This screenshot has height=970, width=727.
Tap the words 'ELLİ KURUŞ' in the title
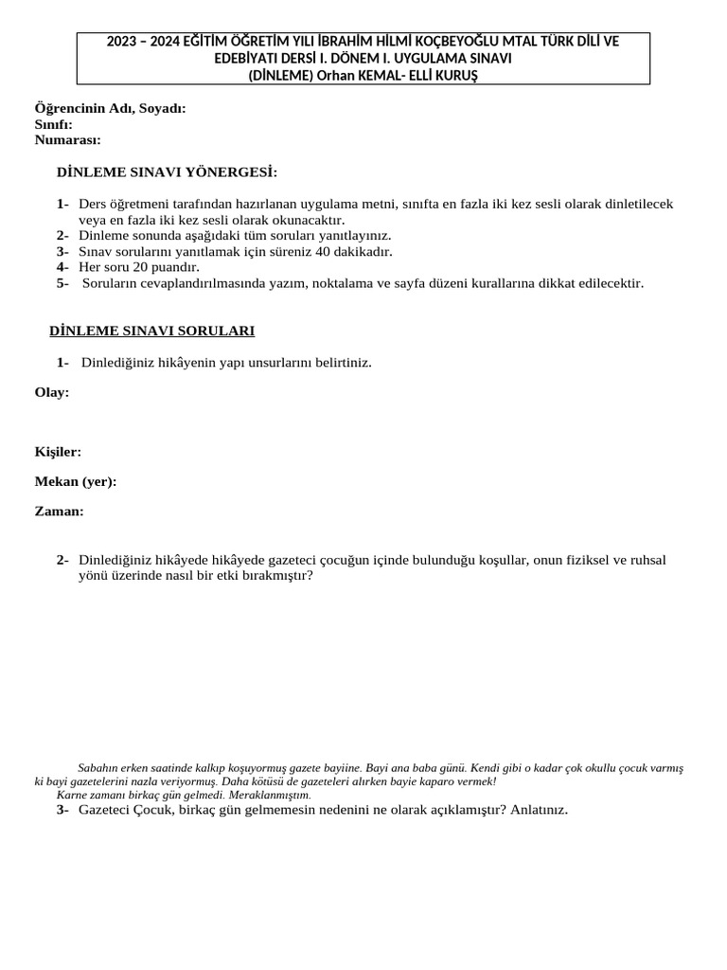tap(442, 76)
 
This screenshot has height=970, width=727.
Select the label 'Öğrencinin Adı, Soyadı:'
tap(110, 108)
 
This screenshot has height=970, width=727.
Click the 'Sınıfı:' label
tap(53, 124)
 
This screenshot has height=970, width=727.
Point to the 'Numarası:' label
tap(67, 139)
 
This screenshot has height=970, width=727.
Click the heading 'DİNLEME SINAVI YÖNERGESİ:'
tap(168, 172)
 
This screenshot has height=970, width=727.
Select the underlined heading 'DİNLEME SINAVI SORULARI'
tap(151, 331)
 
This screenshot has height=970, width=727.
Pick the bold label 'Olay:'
tap(52, 392)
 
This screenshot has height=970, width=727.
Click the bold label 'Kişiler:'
tap(58, 452)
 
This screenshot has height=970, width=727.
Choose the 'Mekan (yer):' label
tap(76, 481)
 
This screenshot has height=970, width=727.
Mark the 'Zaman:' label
tap(59, 511)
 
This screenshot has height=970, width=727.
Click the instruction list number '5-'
tap(62, 282)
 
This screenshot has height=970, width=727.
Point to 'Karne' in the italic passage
tap(71, 795)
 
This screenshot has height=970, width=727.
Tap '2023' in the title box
tap(123, 42)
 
